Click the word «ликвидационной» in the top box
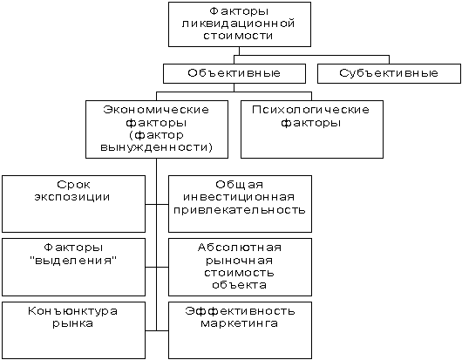pyautogui.click(x=238, y=24)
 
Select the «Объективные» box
pyautogui.click(x=234, y=73)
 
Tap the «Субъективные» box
pyautogui.click(x=389, y=73)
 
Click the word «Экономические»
pyautogui.click(x=156, y=110)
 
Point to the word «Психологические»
pyautogui.click(x=310, y=110)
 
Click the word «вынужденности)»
pyautogui.click(x=156, y=147)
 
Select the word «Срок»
pyautogui.click(x=73, y=185)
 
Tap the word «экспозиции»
pyautogui.click(x=72, y=197)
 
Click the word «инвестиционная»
pyautogui.click(x=239, y=197)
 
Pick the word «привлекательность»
pyautogui.click(x=240, y=210)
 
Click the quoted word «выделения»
pyautogui.click(x=73, y=261)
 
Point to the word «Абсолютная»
pyautogui.click(x=240, y=248)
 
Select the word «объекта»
pyautogui.click(x=239, y=285)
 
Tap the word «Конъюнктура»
pyautogui.click(x=72, y=311)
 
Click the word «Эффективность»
pyautogui.click(x=240, y=311)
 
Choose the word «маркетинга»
pyautogui.click(x=239, y=323)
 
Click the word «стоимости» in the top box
pyautogui.click(x=238, y=36)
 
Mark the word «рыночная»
pyautogui.click(x=239, y=261)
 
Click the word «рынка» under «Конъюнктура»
pyautogui.click(x=72, y=323)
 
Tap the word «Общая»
pyautogui.click(x=239, y=185)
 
